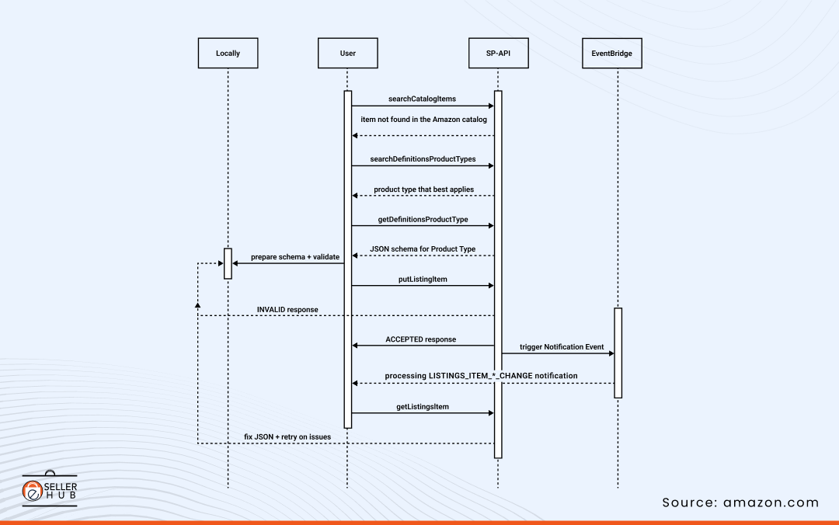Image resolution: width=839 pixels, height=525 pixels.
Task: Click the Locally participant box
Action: [x=228, y=54]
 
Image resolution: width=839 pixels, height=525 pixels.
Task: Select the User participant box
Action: [x=347, y=54]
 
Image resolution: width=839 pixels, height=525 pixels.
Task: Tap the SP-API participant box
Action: [x=497, y=54]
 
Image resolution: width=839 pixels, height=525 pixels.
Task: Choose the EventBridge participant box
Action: [x=611, y=54]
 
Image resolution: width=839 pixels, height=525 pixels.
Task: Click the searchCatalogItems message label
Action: [x=422, y=99]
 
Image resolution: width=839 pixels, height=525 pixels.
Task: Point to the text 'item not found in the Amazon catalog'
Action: [x=423, y=120]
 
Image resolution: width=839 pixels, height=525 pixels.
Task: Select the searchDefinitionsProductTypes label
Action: [x=423, y=158]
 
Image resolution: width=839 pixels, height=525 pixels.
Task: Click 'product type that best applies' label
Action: [x=423, y=189]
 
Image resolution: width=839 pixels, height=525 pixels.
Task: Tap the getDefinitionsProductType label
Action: [x=423, y=219]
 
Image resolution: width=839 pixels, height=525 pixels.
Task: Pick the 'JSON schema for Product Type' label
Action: [x=423, y=249]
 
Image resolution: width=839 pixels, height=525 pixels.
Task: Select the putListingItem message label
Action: [x=423, y=279]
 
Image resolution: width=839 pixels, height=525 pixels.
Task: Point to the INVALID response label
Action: [x=287, y=309]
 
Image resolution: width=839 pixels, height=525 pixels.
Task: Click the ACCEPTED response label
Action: [x=420, y=339]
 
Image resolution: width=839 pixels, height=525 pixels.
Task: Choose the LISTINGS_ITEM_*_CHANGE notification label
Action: [x=481, y=376]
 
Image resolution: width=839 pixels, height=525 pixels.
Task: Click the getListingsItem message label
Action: [x=423, y=406]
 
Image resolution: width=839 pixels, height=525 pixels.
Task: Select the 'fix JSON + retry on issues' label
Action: [x=287, y=436]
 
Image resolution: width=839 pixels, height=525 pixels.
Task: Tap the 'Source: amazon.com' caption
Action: [x=740, y=502]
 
